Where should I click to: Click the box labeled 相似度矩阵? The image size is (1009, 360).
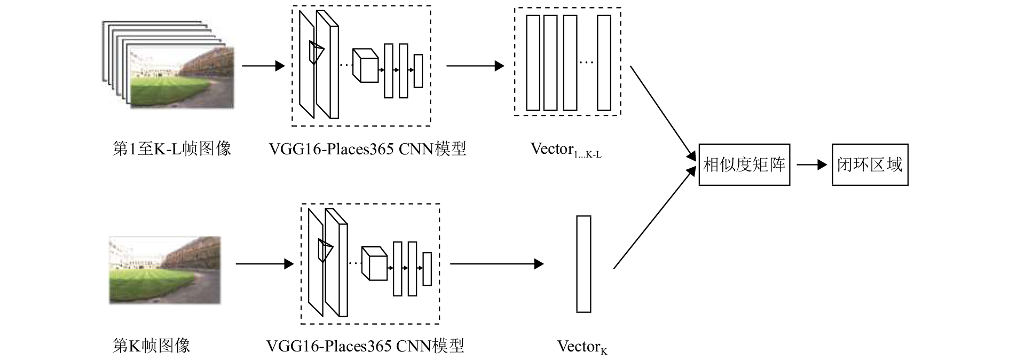pyautogui.click(x=744, y=165)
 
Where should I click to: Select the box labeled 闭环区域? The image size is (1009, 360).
pyautogui.click(x=870, y=165)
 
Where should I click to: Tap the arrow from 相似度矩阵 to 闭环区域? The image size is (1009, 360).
pyautogui.click(x=811, y=165)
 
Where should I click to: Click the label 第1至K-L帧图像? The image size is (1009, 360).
pyautogui.click(x=172, y=148)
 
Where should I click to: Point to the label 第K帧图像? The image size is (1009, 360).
pyautogui.click(x=151, y=346)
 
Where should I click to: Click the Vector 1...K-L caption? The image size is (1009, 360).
pyautogui.click(x=565, y=150)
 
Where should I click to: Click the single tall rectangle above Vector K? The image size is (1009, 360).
pyautogui.click(x=584, y=264)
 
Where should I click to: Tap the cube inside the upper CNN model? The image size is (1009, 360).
pyautogui.click(x=366, y=66)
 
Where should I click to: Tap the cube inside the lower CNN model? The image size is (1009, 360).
pyautogui.click(x=374, y=263)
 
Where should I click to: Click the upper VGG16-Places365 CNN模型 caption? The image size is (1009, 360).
pyautogui.click(x=367, y=148)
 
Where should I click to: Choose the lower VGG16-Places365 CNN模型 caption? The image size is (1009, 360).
pyautogui.click(x=365, y=346)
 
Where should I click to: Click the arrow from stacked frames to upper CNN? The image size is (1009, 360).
pyautogui.click(x=263, y=66)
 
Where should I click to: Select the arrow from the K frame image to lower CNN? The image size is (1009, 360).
pyautogui.click(x=264, y=264)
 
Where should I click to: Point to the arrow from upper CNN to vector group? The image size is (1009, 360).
pyautogui.click(x=475, y=66)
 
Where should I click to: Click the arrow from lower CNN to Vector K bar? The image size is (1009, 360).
pyautogui.click(x=496, y=264)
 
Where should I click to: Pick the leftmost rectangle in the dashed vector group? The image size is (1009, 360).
pyautogui.click(x=533, y=62)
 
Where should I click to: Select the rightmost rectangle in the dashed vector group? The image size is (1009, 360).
pyautogui.click(x=604, y=62)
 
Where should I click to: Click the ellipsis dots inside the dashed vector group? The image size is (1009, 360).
pyautogui.click(x=586, y=63)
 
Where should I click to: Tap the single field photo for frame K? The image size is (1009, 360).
pyautogui.click(x=164, y=270)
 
